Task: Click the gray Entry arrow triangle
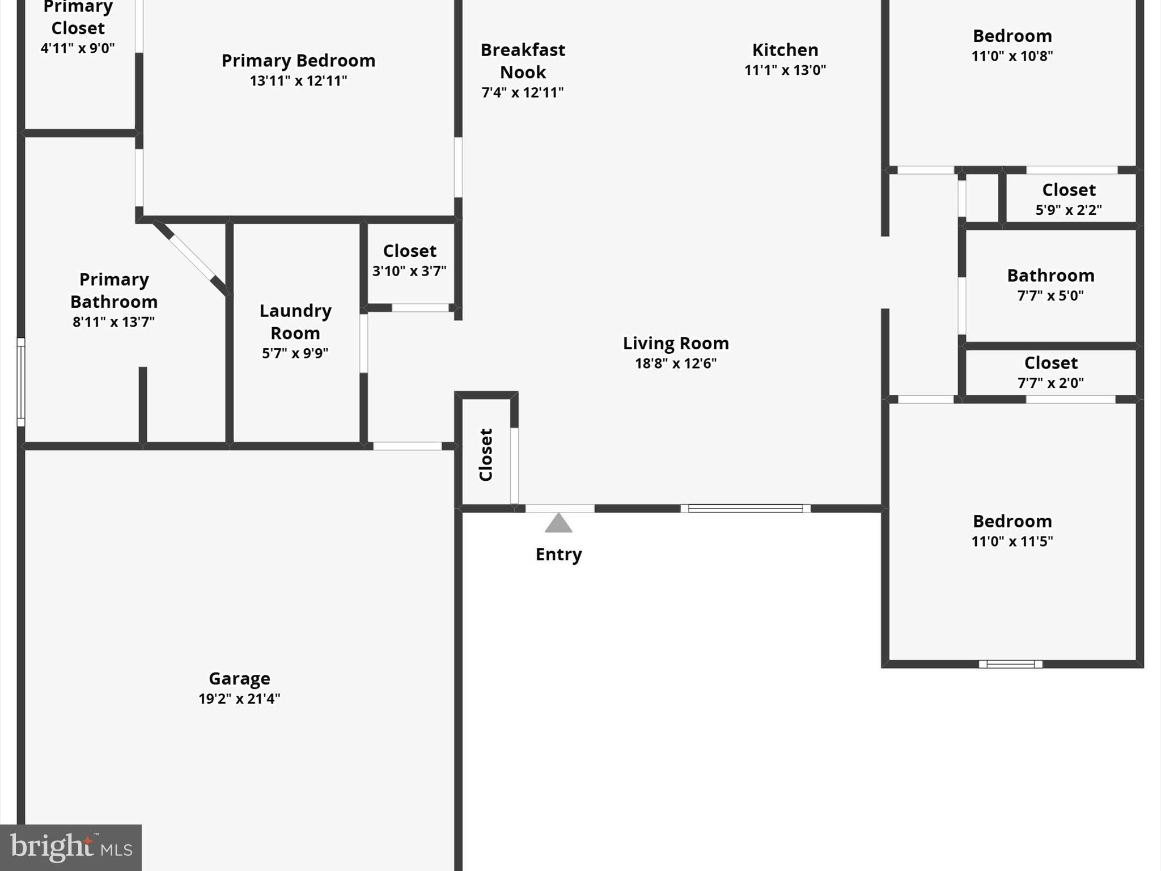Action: (558, 524)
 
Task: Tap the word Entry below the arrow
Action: (558, 554)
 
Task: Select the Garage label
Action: (239, 678)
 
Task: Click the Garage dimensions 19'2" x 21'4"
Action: (239, 699)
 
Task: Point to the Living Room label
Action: (676, 343)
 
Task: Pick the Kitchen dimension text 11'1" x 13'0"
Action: (785, 70)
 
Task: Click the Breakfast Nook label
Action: (523, 61)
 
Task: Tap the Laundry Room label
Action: (295, 322)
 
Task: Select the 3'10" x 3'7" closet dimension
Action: (409, 271)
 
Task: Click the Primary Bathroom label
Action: (113, 290)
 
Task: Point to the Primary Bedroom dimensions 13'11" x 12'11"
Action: (298, 81)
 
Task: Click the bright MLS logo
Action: (70, 847)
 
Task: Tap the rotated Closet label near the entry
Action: (486, 455)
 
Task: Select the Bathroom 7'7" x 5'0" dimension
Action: (1050, 295)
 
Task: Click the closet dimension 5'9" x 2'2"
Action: (1069, 210)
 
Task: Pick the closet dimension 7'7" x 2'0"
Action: (1050, 383)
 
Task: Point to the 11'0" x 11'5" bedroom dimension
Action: (1012, 541)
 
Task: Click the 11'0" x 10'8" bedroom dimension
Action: (1012, 56)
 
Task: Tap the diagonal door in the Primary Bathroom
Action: (192, 258)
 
